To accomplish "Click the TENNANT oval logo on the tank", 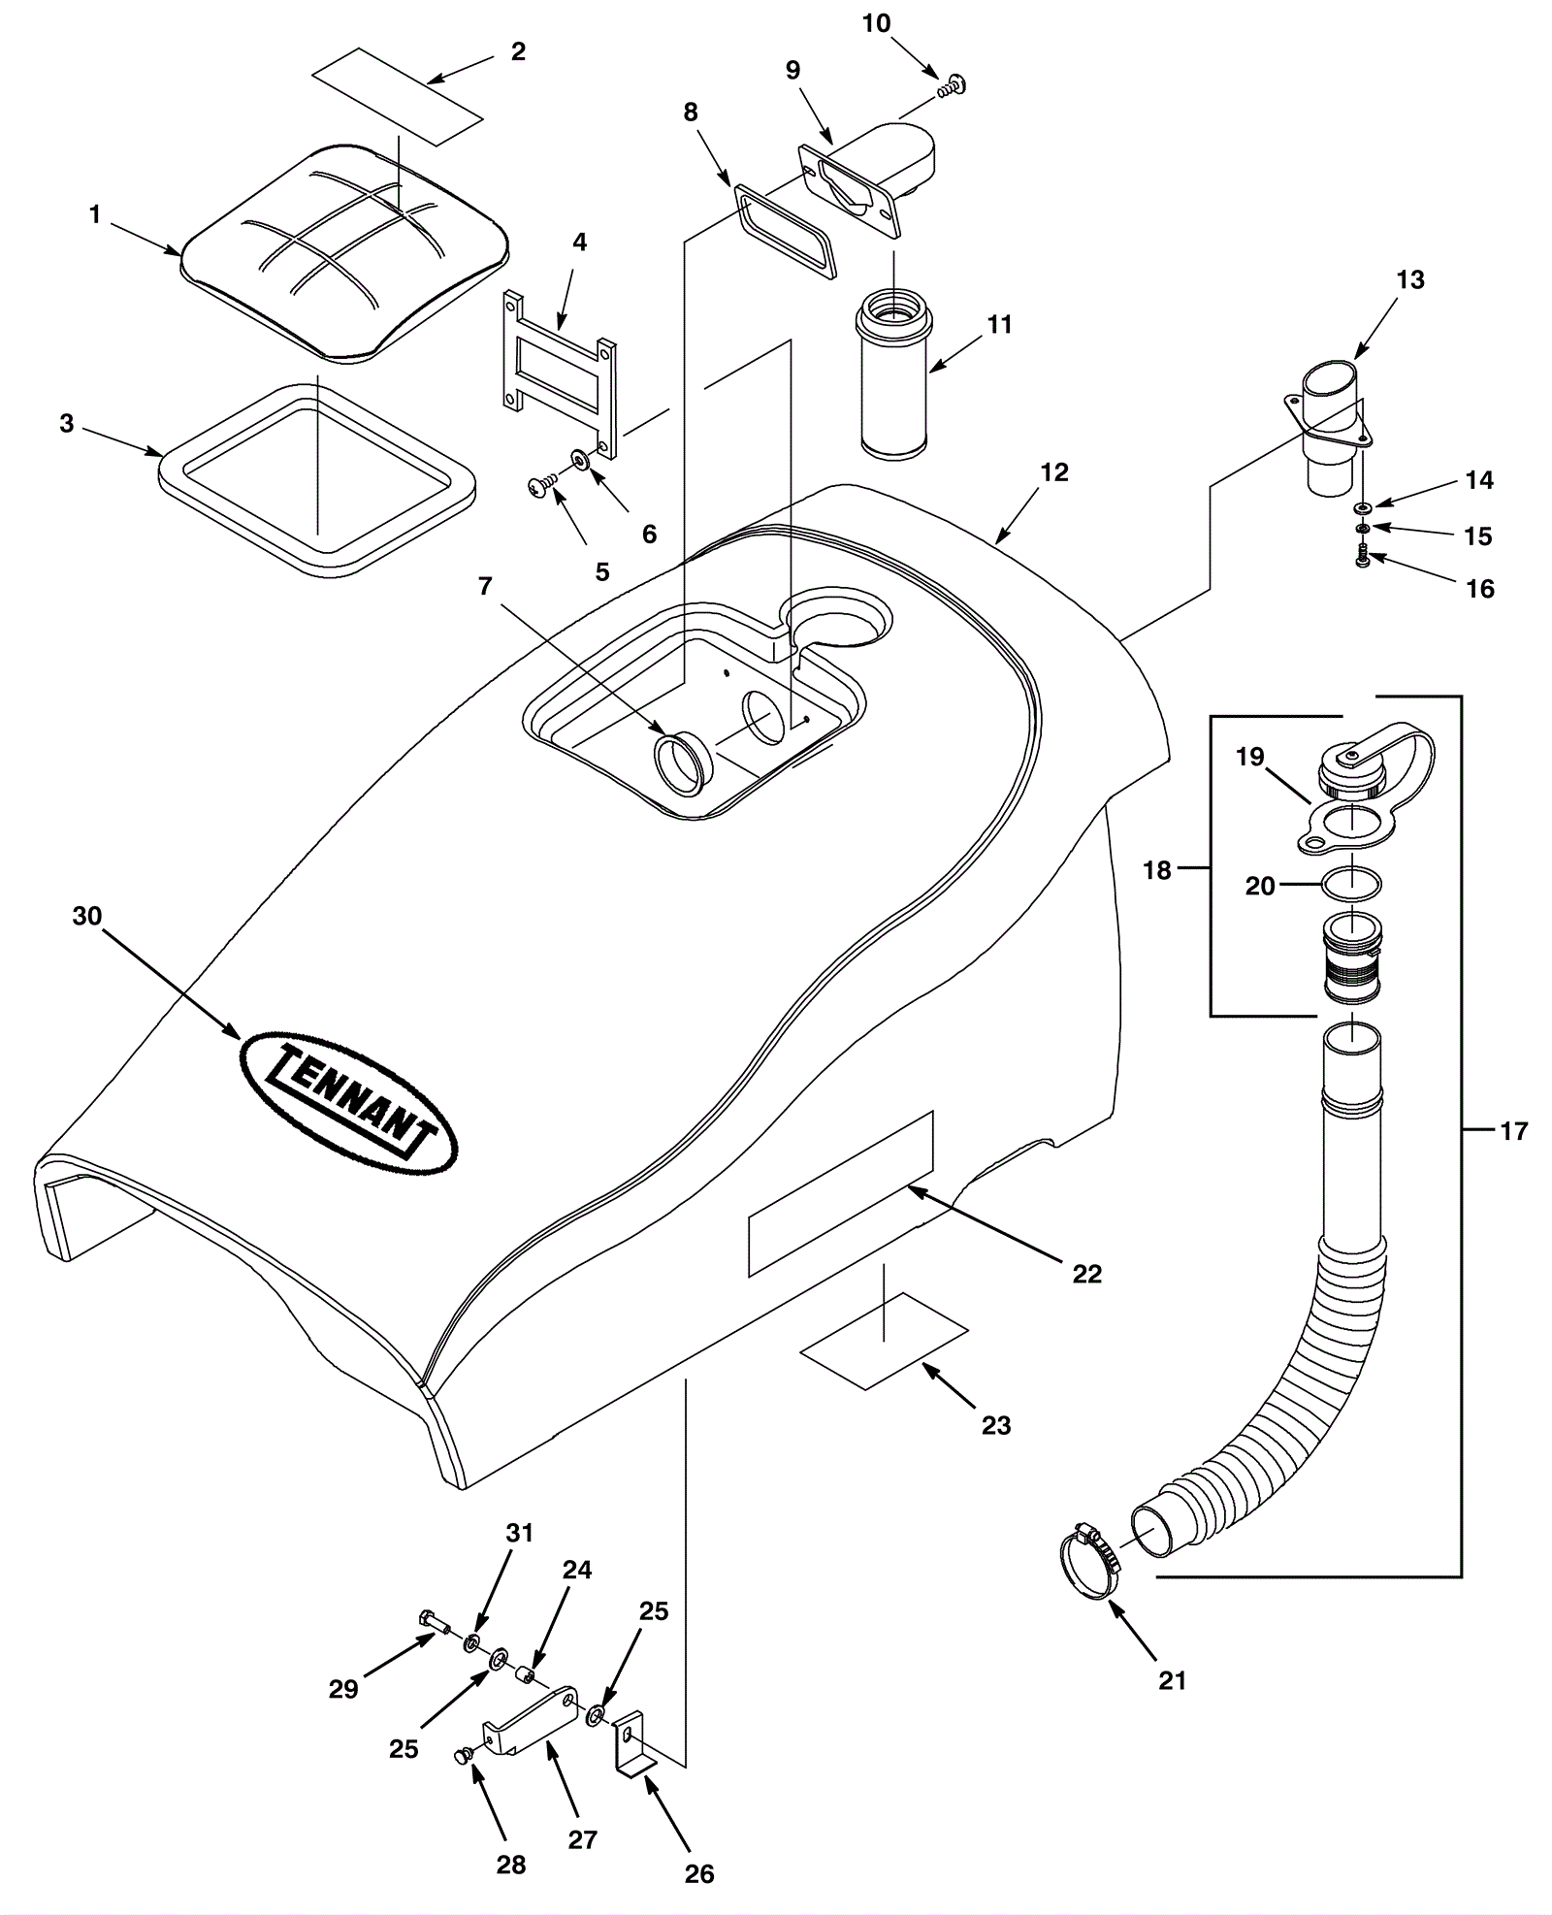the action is (x=347, y=1103).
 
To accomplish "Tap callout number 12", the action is (x=1053, y=472).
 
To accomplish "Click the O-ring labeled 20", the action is (x=1351, y=884).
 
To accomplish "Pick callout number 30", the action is (x=87, y=916).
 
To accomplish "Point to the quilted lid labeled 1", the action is (x=344, y=254).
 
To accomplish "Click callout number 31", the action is (x=520, y=1533).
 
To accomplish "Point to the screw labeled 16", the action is (x=1363, y=557).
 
